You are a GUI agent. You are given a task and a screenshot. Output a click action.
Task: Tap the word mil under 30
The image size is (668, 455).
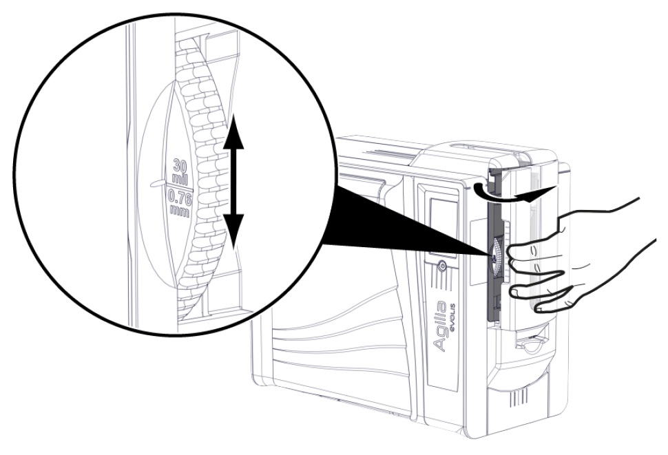coord(180,178)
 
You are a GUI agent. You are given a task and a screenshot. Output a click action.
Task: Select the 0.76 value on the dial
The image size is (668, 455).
coord(180,198)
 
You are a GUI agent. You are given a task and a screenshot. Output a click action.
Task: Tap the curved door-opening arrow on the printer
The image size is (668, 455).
coord(511,193)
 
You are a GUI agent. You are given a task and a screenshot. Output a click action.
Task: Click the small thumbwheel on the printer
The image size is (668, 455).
coord(496,257)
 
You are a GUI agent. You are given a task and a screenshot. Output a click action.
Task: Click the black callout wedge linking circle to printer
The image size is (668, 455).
coord(405,222)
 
